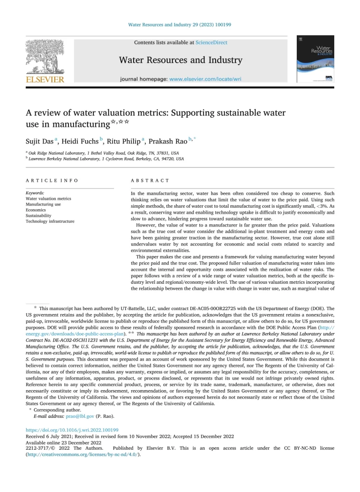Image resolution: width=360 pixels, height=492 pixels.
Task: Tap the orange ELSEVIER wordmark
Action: pos(45,80)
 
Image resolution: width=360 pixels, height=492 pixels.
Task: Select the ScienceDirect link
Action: pos(211,43)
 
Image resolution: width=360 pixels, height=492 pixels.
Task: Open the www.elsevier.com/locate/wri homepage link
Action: pos(205,80)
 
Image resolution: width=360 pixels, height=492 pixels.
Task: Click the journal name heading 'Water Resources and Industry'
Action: pos(180,60)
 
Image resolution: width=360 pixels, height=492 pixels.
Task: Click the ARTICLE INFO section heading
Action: pos(52,181)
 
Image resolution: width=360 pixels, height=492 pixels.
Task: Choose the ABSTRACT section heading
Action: pos(150,181)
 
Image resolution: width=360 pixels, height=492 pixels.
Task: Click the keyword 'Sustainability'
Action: pos(38,216)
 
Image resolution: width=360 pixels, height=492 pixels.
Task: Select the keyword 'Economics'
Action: pos(36,210)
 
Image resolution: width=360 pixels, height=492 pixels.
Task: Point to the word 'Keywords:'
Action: pos(35,193)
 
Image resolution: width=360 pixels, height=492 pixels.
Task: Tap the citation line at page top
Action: pos(180,24)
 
